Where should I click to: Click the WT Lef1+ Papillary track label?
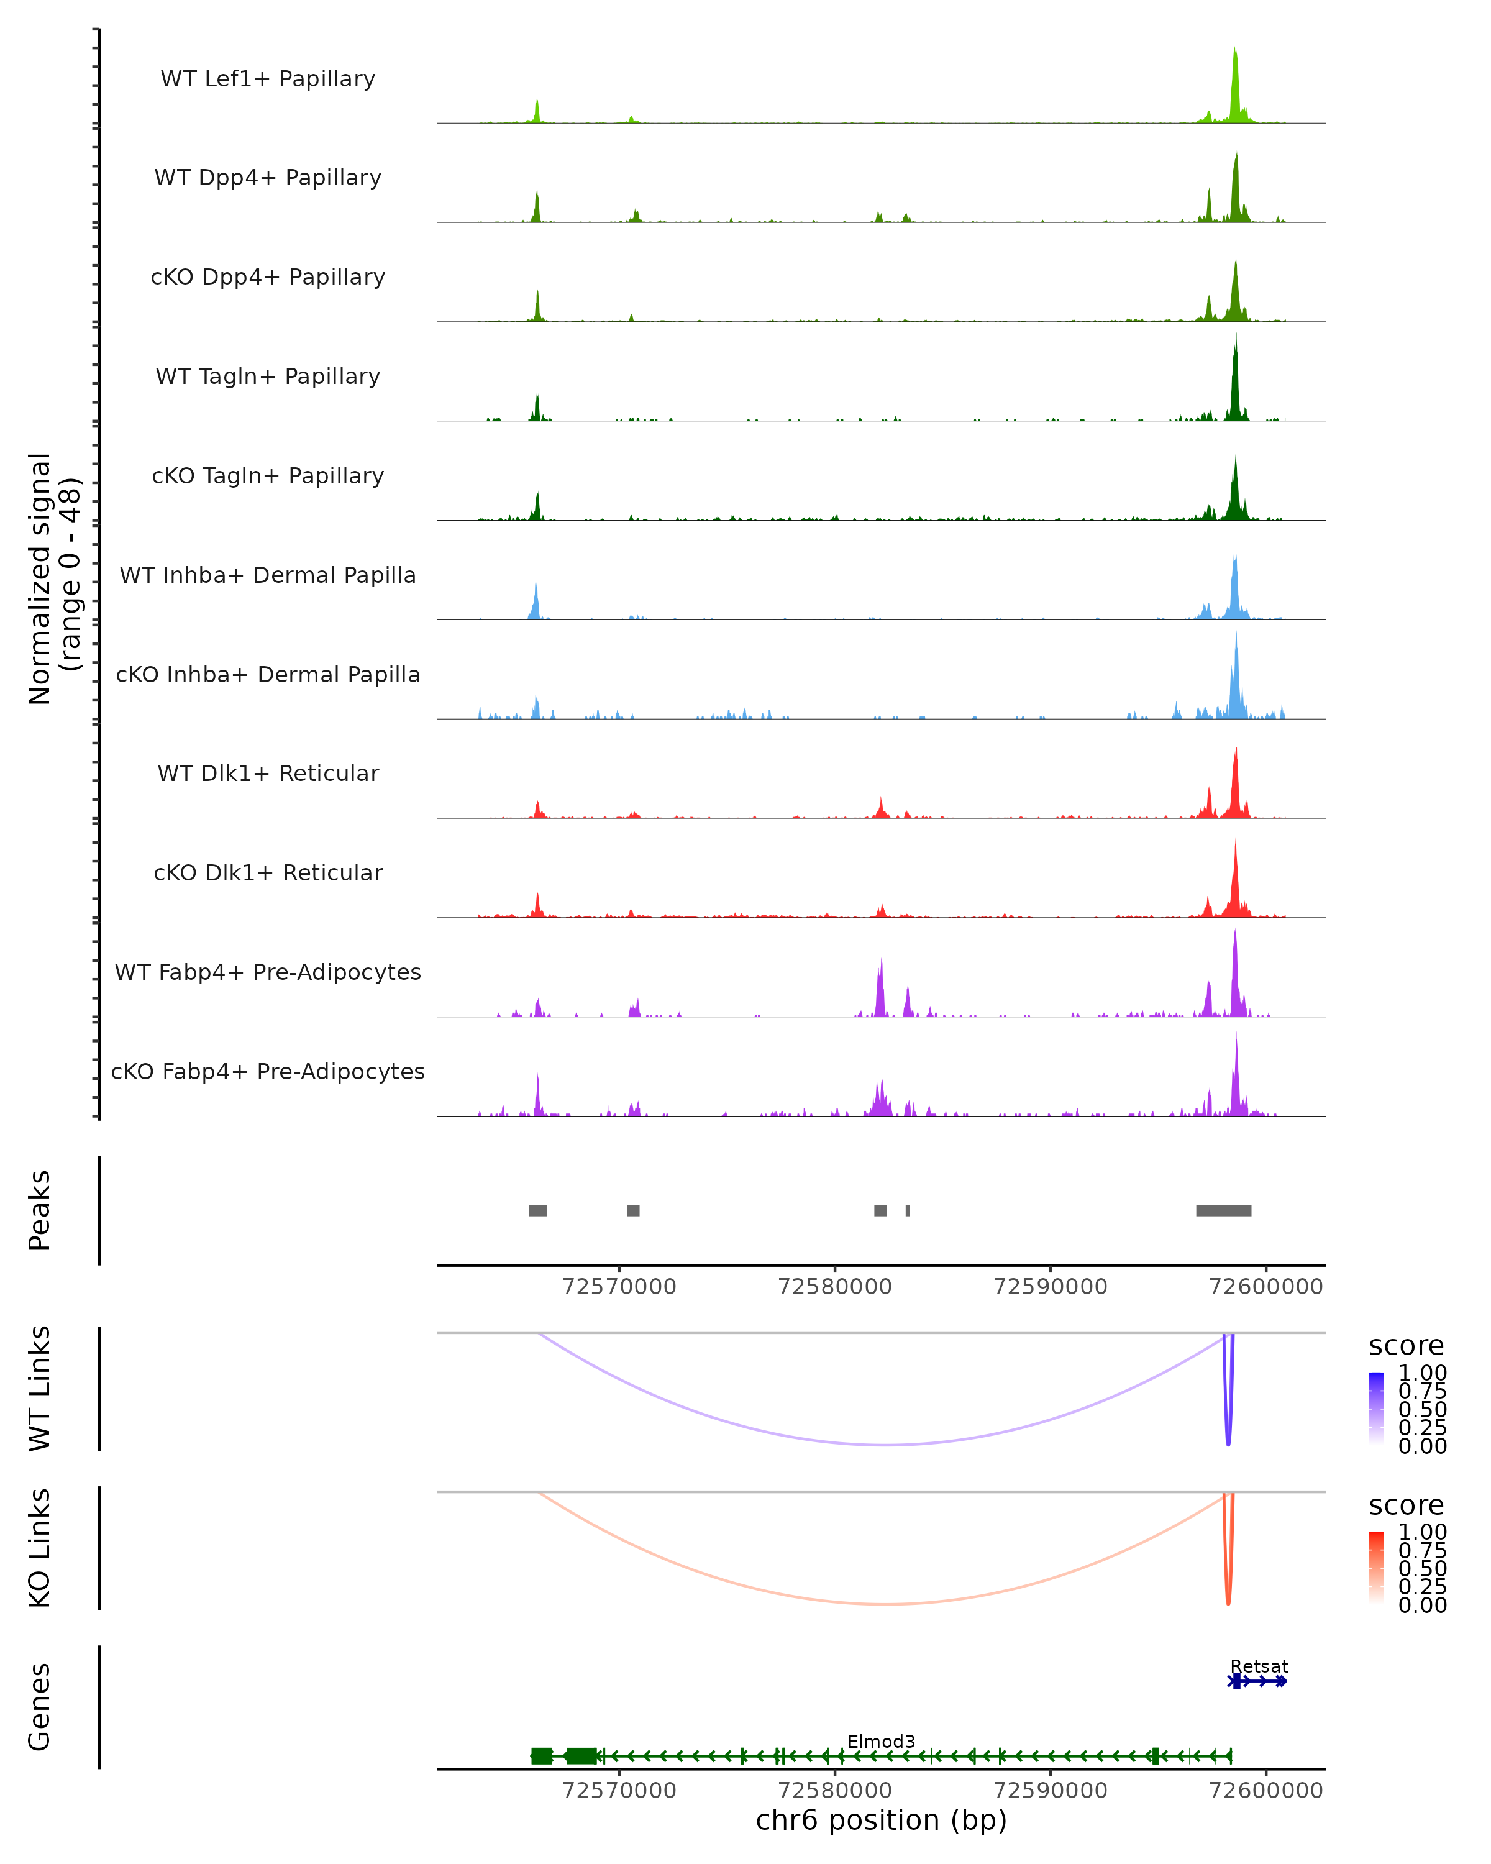tap(268, 79)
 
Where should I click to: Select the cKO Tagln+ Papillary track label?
tap(268, 475)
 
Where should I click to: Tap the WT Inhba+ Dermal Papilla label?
tap(268, 575)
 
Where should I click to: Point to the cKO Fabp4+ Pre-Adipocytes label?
tap(268, 1071)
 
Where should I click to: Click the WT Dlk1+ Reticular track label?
tap(268, 773)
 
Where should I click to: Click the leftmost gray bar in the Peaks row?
tap(537, 1210)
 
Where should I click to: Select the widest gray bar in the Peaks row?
tap(1223, 1210)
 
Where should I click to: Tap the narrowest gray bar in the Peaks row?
tap(908, 1210)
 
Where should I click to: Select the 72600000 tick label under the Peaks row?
tap(1265, 1287)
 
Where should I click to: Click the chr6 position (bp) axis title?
tap(881, 1821)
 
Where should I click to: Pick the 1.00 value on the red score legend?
tap(1422, 1532)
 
